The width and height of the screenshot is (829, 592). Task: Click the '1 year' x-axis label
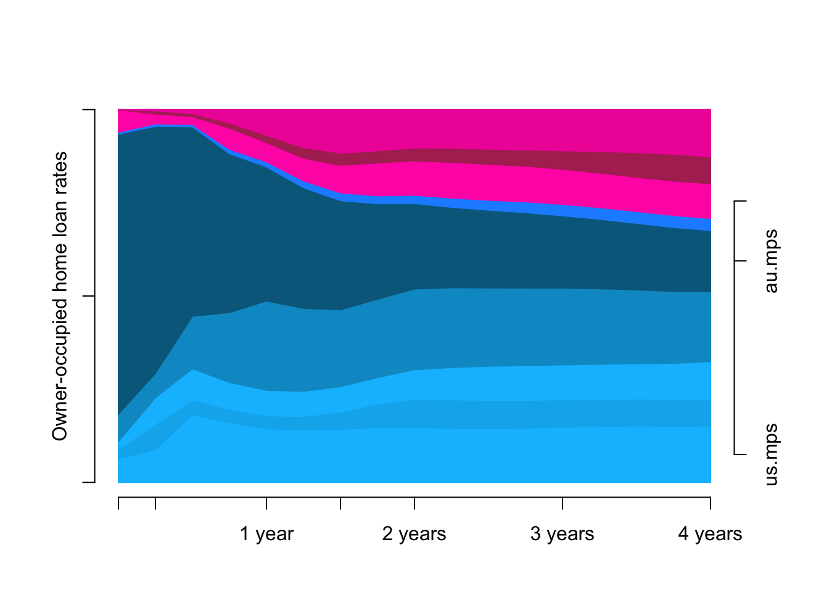click(x=266, y=534)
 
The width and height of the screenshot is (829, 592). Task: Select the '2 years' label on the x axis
click(x=414, y=534)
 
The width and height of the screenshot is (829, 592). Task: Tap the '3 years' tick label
click(x=562, y=534)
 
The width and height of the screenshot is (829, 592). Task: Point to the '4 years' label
click(x=710, y=534)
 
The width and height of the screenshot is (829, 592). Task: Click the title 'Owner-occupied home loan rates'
click(x=60, y=296)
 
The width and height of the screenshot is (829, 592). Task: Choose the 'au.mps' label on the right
click(x=771, y=261)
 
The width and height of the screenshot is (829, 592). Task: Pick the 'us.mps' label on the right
click(x=771, y=454)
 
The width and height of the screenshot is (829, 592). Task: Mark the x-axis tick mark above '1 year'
click(x=266, y=503)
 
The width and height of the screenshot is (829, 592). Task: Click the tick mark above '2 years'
click(x=414, y=503)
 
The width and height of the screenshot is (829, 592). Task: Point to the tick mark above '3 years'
click(x=563, y=503)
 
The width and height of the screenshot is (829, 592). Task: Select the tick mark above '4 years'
click(x=711, y=503)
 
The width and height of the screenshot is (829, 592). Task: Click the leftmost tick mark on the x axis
click(x=118, y=503)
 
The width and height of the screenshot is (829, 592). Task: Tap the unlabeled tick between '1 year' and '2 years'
click(x=340, y=503)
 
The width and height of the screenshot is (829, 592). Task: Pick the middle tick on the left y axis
click(x=89, y=296)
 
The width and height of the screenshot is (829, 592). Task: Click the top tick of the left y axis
click(x=89, y=110)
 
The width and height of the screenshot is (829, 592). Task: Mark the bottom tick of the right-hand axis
click(x=740, y=454)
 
